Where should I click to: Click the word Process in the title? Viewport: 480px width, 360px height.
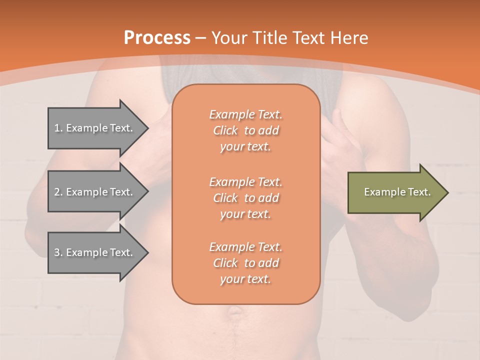pyautogui.click(x=157, y=38)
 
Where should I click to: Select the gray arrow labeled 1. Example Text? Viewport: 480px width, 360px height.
pyautogui.click(x=95, y=128)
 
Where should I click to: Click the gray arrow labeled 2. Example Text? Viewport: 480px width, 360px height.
pyautogui.click(x=95, y=192)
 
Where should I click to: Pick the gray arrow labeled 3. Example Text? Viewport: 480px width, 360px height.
pyautogui.click(x=95, y=252)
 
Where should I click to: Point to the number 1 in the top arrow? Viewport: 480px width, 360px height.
pyautogui.click(x=57, y=128)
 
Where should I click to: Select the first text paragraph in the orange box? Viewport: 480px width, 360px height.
pyautogui.click(x=245, y=130)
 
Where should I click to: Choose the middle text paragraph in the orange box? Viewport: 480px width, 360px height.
pyautogui.click(x=245, y=198)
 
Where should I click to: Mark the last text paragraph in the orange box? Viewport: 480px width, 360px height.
pyautogui.click(x=245, y=263)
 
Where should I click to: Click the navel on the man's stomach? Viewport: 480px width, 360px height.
pyautogui.click(x=233, y=313)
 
